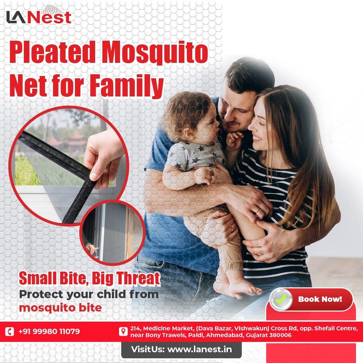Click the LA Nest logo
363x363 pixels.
click(38, 17)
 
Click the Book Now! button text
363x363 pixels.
click(320, 298)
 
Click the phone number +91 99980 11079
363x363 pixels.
click(49, 331)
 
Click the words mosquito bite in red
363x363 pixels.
click(60, 308)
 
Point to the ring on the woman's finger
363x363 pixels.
click(258, 211)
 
